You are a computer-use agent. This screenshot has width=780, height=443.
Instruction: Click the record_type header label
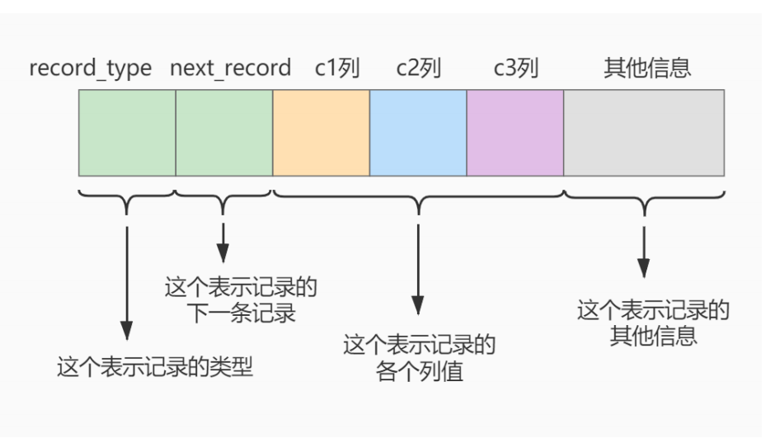pyautogui.click(x=91, y=68)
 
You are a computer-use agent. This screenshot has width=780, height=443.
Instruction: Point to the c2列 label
pyautogui.click(x=419, y=68)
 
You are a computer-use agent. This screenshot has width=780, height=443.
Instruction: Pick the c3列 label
pyautogui.click(x=515, y=68)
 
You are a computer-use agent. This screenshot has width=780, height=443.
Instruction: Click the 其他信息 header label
pyautogui.click(x=644, y=68)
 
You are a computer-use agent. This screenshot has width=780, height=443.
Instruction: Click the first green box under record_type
pyautogui.click(x=127, y=132)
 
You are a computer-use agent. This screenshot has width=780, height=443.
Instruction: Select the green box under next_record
pyautogui.click(x=224, y=132)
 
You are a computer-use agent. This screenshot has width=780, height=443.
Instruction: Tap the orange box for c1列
pyautogui.click(x=322, y=132)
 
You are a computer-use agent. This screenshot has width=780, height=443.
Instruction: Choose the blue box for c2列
pyautogui.click(x=418, y=132)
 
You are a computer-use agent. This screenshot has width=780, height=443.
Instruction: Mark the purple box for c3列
pyautogui.click(x=515, y=132)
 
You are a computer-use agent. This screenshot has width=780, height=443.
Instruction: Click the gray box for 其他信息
pyautogui.click(x=644, y=132)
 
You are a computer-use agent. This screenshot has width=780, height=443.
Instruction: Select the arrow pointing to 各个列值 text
pyautogui.click(x=418, y=264)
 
